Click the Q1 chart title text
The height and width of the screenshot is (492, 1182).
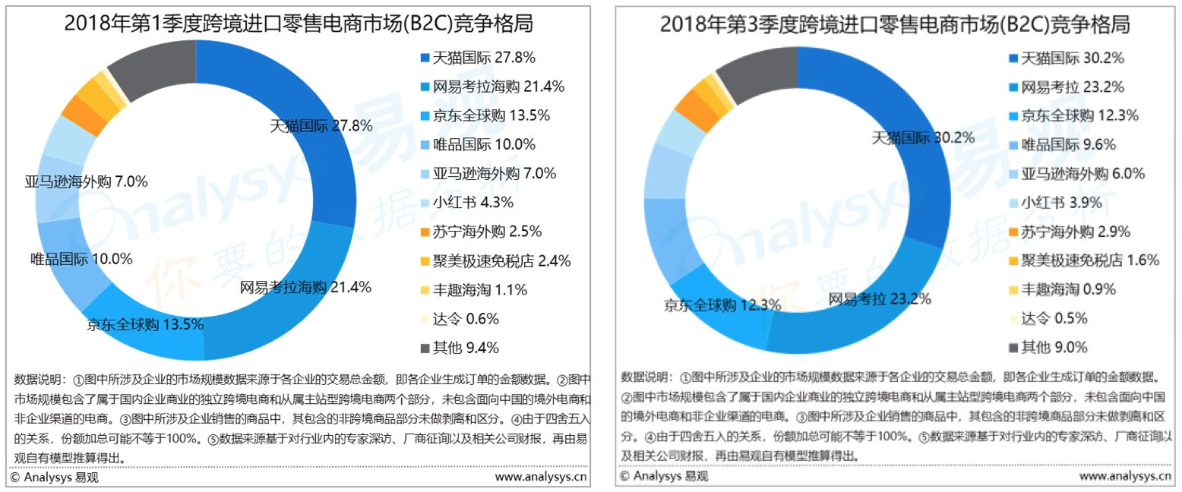[x=299, y=24]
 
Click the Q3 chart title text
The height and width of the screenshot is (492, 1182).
[x=894, y=24]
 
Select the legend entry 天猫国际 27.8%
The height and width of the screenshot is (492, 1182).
[x=485, y=58]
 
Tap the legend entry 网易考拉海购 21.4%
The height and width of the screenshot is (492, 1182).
[x=498, y=87]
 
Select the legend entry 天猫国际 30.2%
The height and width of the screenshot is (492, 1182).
[x=1073, y=58]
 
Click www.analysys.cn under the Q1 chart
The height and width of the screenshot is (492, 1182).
[x=540, y=478]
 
